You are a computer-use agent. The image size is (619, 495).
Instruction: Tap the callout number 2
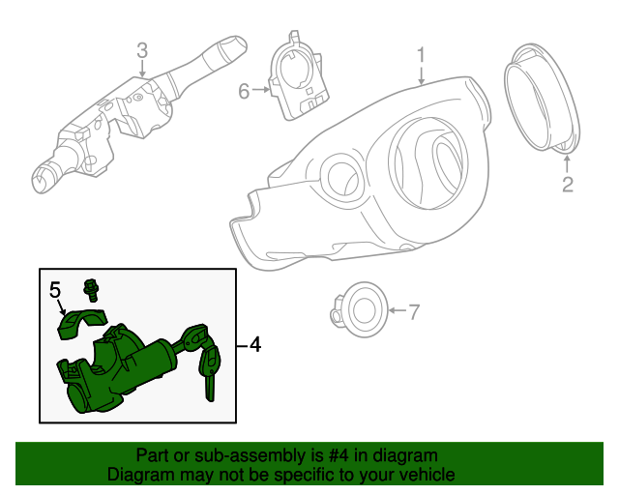tap(568, 183)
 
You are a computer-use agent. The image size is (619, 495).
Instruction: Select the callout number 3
tap(142, 49)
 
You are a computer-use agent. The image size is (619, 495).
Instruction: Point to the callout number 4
tap(254, 343)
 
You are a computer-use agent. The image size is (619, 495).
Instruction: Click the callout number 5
tap(55, 288)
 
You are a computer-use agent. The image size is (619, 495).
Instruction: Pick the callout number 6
tap(244, 91)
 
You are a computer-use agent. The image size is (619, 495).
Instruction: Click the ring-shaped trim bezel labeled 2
tap(542, 97)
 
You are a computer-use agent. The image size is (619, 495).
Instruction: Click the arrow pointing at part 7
tap(395, 311)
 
